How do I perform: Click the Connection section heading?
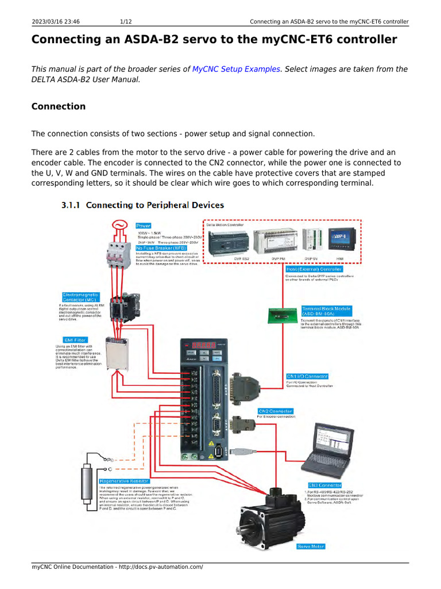(58, 106)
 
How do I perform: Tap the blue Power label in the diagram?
(144, 226)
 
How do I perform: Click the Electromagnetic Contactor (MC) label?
(82, 297)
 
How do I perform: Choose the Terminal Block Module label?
(327, 311)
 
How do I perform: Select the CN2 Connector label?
(276, 411)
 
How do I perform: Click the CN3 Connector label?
(325, 485)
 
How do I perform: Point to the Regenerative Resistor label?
(124, 481)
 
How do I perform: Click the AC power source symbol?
(121, 225)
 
